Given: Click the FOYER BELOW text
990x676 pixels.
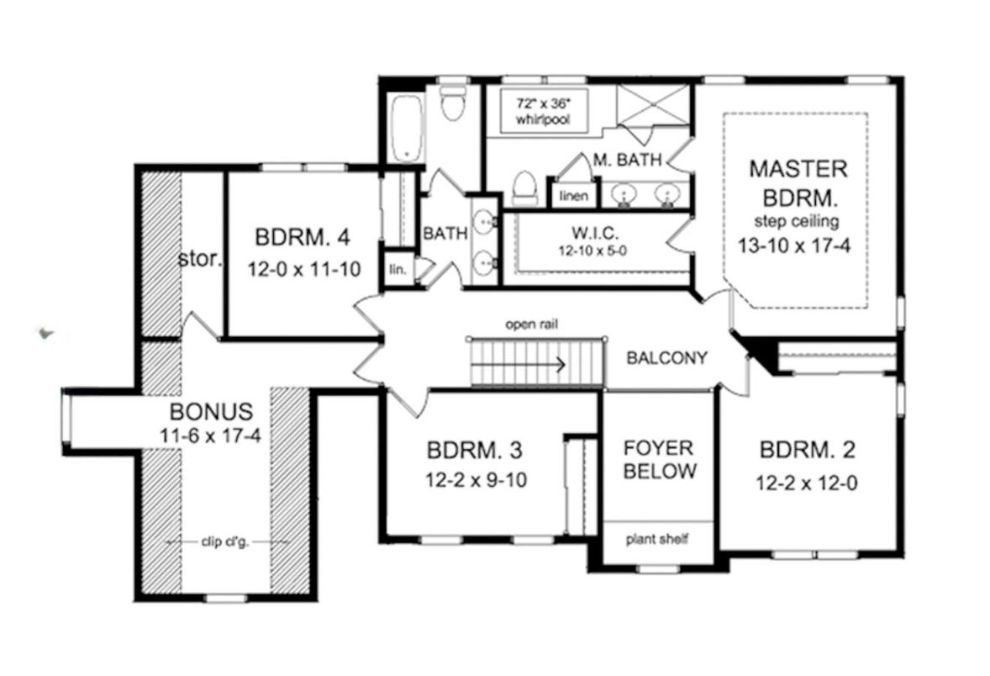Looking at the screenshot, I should click(657, 458).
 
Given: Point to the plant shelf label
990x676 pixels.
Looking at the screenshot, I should click(657, 538).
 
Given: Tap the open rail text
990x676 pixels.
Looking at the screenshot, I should click(532, 324).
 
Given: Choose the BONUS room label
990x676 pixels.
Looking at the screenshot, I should click(211, 412).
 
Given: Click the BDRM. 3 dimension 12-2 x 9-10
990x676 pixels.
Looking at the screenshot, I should click(475, 482).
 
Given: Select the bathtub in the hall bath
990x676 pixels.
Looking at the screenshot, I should click(405, 128).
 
